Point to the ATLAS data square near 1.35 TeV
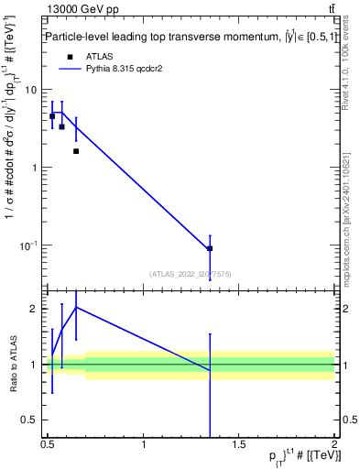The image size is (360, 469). (210, 248)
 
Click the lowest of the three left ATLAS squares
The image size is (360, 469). (76, 151)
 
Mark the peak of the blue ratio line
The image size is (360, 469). (76, 307)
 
